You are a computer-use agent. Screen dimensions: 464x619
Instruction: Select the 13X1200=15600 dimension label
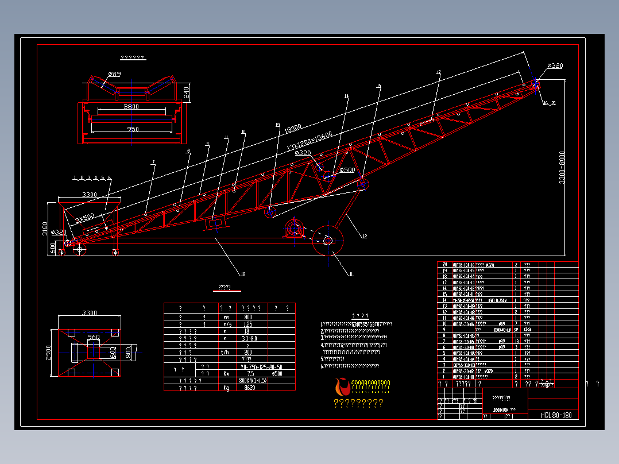tap(309, 140)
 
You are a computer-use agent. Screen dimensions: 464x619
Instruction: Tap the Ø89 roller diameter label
tap(114, 74)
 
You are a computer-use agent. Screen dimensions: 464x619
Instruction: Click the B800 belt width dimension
tap(132, 107)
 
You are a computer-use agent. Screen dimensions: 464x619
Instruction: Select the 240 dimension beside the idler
tap(186, 92)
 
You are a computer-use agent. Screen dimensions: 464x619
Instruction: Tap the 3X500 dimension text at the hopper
tap(84, 219)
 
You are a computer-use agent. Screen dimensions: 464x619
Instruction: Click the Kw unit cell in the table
tap(226, 373)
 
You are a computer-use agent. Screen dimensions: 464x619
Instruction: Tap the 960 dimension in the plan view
tap(93, 337)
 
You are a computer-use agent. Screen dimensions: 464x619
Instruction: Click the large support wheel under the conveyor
tap(327, 241)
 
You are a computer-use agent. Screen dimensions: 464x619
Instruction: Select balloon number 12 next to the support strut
tap(363, 235)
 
